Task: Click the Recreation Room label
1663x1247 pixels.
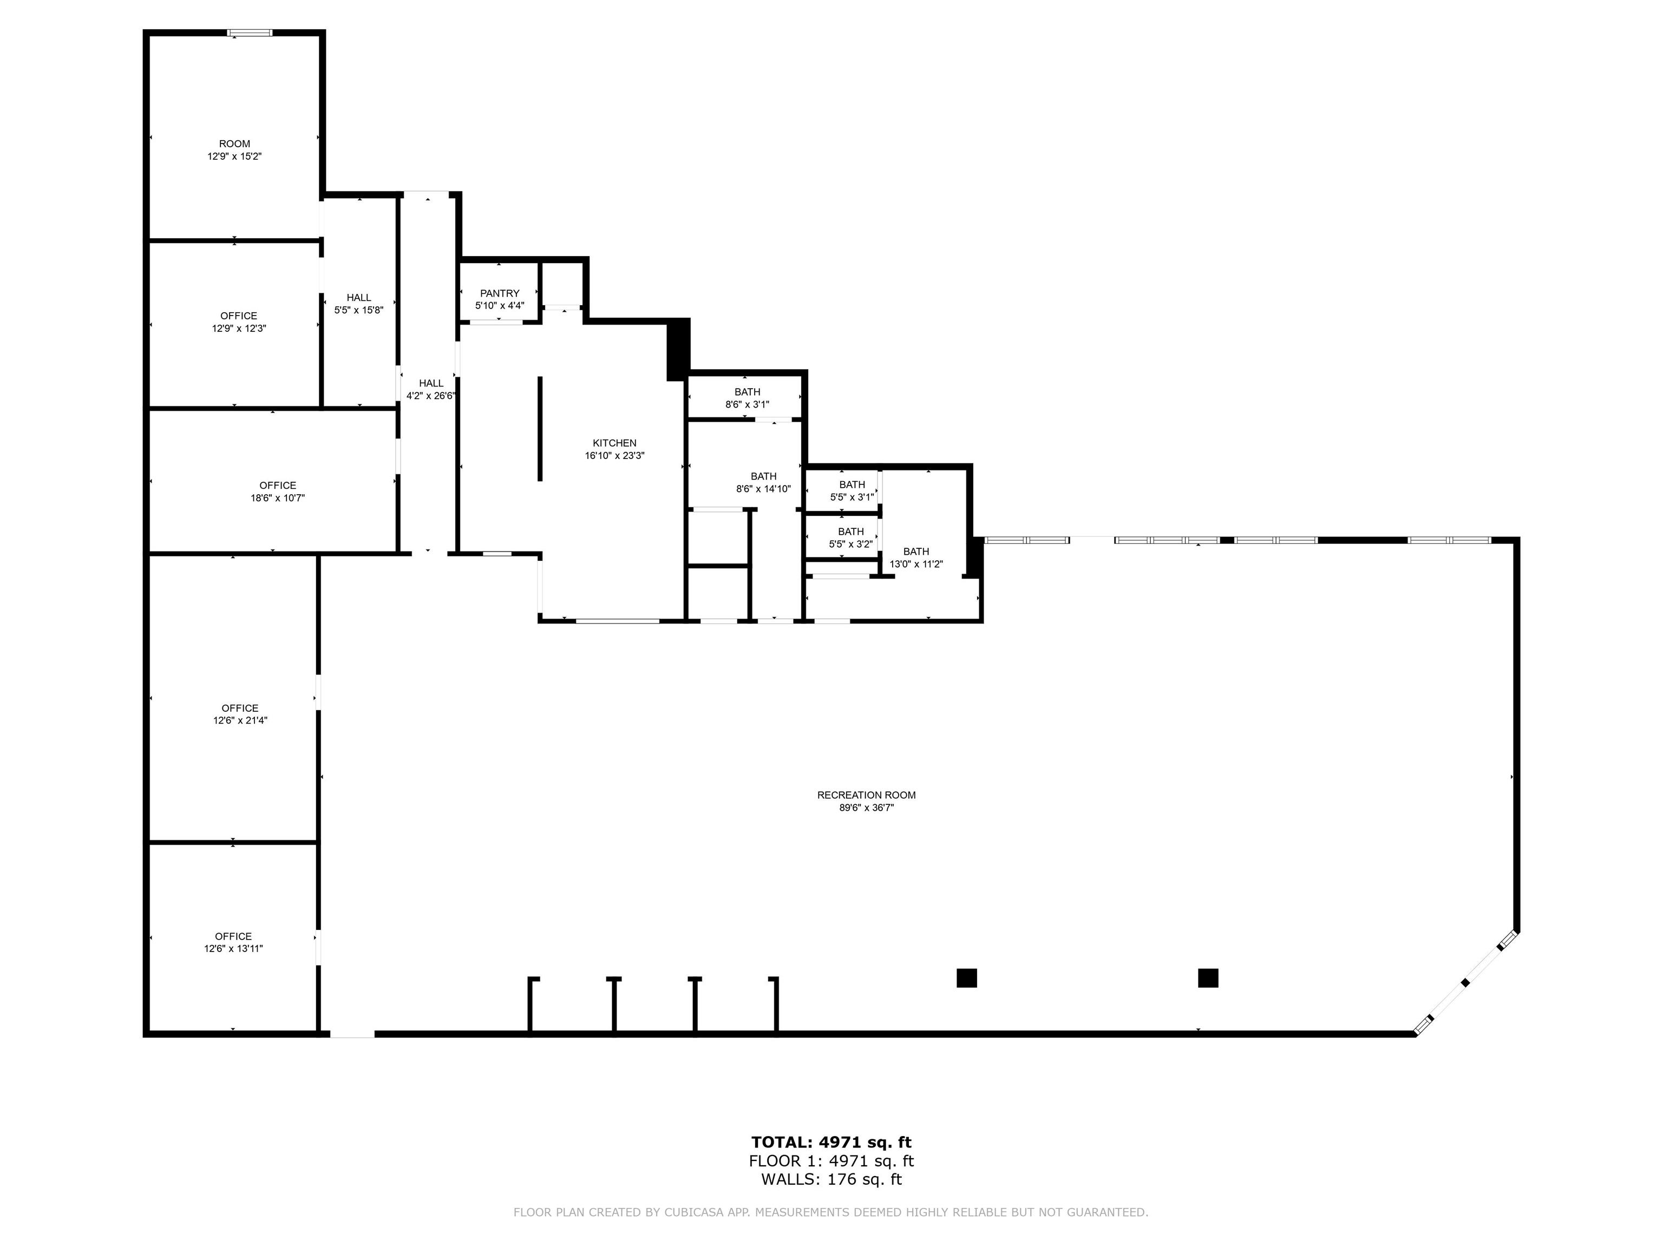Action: click(866, 795)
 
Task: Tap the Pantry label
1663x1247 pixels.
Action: click(500, 293)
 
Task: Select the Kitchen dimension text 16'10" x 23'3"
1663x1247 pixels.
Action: click(614, 456)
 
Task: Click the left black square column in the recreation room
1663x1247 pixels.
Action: click(967, 978)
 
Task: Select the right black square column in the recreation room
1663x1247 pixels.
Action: click(1208, 978)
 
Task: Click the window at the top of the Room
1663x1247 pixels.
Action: click(250, 32)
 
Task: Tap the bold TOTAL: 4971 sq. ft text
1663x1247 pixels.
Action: click(831, 1143)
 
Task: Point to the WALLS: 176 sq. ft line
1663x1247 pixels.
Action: click(831, 1179)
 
